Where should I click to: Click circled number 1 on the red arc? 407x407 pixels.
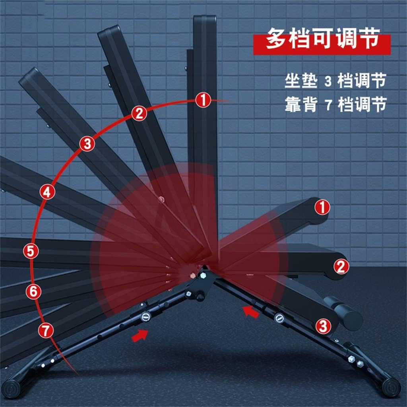[x=203, y=100]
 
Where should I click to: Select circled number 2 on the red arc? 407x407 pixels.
[x=139, y=114]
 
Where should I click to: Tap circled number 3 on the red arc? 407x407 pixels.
[x=87, y=144]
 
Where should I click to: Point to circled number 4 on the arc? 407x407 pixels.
[x=47, y=192]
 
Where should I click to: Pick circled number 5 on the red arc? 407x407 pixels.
[x=31, y=251]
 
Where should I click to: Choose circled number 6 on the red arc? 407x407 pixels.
[x=33, y=292]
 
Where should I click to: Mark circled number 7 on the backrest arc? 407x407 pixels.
[x=47, y=330]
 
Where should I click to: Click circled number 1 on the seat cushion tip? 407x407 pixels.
[x=322, y=207]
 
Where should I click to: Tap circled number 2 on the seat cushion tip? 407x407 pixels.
[x=341, y=266]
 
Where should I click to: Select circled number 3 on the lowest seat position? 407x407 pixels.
[x=323, y=327]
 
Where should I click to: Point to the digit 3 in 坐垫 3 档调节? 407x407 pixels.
[x=328, y=82]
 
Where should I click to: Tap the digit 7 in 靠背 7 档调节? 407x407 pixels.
[x=328, y=105]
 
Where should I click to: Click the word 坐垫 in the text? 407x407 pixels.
[x=301, y=82]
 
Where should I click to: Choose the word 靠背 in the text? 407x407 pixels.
[x=301, y=105]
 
